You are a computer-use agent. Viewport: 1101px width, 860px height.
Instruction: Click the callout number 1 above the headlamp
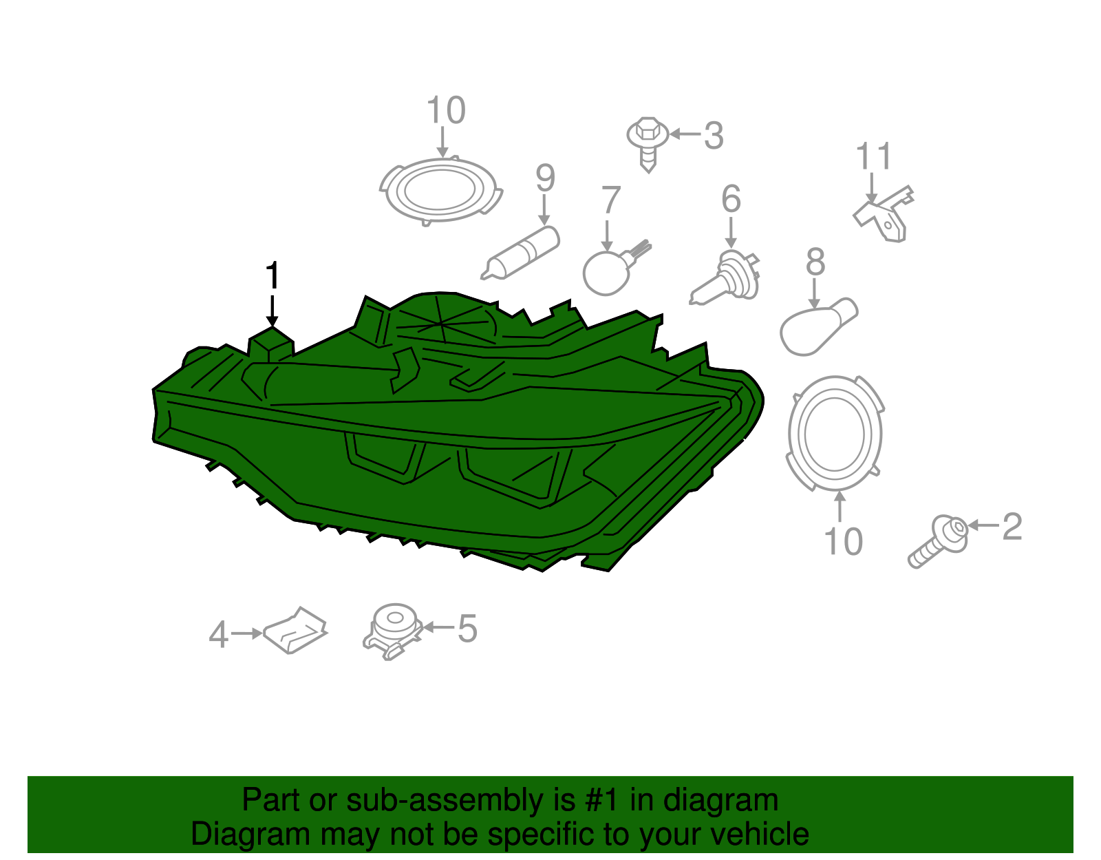(x=272, y=275)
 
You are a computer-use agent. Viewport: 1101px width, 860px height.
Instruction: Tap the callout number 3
(x=714, y=136)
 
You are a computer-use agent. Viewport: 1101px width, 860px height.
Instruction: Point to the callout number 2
(x=1012, y=527)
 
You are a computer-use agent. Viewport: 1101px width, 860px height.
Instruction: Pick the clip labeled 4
(x=295, y=630)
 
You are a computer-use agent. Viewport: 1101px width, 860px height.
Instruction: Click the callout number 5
(x=468, y=629)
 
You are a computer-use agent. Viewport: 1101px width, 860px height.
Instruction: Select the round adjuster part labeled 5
(x=393, y=631)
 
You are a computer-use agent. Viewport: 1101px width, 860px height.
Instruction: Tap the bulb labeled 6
(x=725, y=277)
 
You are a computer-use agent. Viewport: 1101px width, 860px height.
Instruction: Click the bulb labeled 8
(x=818, y=326)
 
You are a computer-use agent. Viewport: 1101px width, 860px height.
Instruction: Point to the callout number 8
(x=815, y=262)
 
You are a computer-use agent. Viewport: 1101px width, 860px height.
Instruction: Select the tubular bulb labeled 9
(x=520, y=253)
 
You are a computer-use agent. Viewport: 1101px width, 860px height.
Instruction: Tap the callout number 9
(x=545, y=178)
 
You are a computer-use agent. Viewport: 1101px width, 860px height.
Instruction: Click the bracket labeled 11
(x=883, y=215)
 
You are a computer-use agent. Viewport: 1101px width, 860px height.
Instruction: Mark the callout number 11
(x=873, y=156)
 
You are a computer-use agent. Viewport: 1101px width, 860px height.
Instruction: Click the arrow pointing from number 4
(x=247, y=633)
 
